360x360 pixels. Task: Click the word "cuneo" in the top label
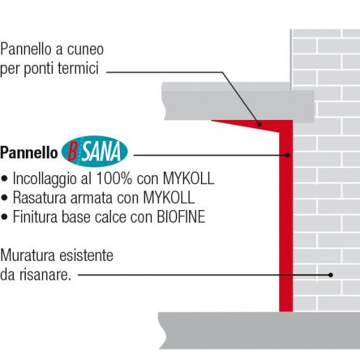pyautogui.click(x=85, y=50)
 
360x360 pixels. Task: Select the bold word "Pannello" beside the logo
pyautogui.click(x=29, y=153)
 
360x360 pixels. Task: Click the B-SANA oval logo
pyautogui.click(x=94, y=151)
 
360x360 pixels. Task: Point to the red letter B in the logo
pyautogui.click(x=73, y=152)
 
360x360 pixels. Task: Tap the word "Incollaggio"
pyautogui.click(x=45, y=179)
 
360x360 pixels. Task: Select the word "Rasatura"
pyautogui.click(x=40, y=197)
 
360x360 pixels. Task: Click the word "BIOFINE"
pyautogui.click(x=181, y=217)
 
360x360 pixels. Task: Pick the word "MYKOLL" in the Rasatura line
pyautogui.click(x=169, y=197)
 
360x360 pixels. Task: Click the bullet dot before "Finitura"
pyautogui.click(x=4, y=217)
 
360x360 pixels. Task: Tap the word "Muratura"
pyautogui.click(x=28, y=255)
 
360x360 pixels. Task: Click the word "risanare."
pyautogui.click(x=45, y=275)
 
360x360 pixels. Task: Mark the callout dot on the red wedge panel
pyautogui.click(x=260, y=124)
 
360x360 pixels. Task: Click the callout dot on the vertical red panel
pyautogui.click(x=287, y=155)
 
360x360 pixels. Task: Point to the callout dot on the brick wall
pyautogui.click(x=331, y=275)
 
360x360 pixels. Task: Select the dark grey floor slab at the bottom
pyautogui.click(x=259, y=330)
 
